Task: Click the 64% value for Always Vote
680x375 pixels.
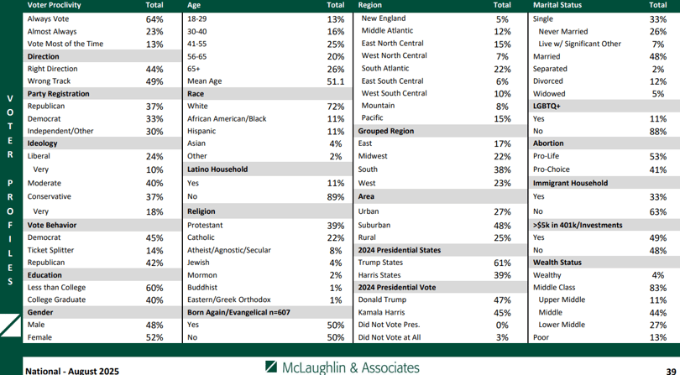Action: [x=154, y=19]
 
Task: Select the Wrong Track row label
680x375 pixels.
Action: [x=49, y=81]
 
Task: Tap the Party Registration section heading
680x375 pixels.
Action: [x=58, y=94]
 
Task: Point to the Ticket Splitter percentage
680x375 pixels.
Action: [x=154, y=251]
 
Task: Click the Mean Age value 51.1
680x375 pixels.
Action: [x=336, y=81]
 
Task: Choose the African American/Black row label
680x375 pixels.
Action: [x=227, y=119]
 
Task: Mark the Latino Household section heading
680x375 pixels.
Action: [x=217, y=169]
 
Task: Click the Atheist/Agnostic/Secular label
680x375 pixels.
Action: [x=229, y=250]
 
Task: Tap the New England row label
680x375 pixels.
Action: [x=384, y=18]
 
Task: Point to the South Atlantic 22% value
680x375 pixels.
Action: [x=502, y=70]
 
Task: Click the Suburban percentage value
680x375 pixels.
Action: [x=502, y=226]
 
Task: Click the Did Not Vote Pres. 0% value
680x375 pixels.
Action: [x=502, y=326]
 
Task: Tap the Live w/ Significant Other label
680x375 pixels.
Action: [x=580, y=44]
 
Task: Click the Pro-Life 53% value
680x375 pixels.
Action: [x=658, y=157]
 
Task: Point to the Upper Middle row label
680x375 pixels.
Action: [x=562, y=299]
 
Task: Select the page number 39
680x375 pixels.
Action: [x=671, y=372]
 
